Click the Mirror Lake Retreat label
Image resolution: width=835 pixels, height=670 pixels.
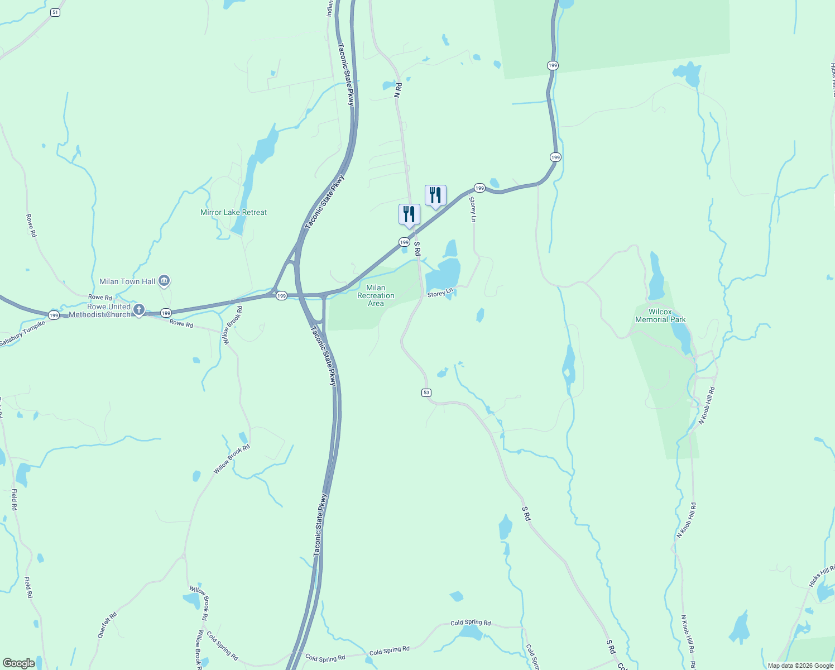pyautogui.click(x=233, y=212)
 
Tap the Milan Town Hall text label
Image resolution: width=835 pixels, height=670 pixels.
pyautogui.click(x=127, y=281)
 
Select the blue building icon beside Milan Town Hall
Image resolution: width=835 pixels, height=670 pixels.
pyautogui.click(x=164, y=281)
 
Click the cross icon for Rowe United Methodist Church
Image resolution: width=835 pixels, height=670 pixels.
pyautogui.click(x=139, y=309)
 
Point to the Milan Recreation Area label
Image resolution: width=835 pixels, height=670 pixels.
pyautogui.click(x=376, y=295)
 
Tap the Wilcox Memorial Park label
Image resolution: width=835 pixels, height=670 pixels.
pyautogui.click(x=660, y=316)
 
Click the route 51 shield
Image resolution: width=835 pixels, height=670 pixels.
pyautogui.click(x=55, y=12)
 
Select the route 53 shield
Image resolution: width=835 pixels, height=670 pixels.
pyautogui.click(x=426, y=393)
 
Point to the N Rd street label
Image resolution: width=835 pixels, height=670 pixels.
pyautogui.click(x=398, y=90)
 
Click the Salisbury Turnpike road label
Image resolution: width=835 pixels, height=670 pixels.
pyautogui.click(x=22, y=333)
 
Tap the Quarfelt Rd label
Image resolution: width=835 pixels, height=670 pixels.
pyautogui.click(x=107, y=625)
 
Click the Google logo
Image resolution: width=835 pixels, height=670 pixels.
pyautogui.click(x=18, y=663)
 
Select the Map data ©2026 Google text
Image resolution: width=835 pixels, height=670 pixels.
pyautogui.click(x=800, y=666)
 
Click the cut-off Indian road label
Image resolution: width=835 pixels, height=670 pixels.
pyautogui.click(x=330, y=8)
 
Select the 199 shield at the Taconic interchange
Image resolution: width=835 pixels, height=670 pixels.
pyautogui.click(x=282, y=295)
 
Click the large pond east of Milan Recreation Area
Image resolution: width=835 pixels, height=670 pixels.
pyautogui.click(x=444, y=275)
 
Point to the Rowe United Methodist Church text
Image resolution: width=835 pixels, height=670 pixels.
pyautogui.click(x=100, y=310)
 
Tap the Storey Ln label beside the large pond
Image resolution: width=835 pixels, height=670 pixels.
pyautogui.click(x=440, y=293)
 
